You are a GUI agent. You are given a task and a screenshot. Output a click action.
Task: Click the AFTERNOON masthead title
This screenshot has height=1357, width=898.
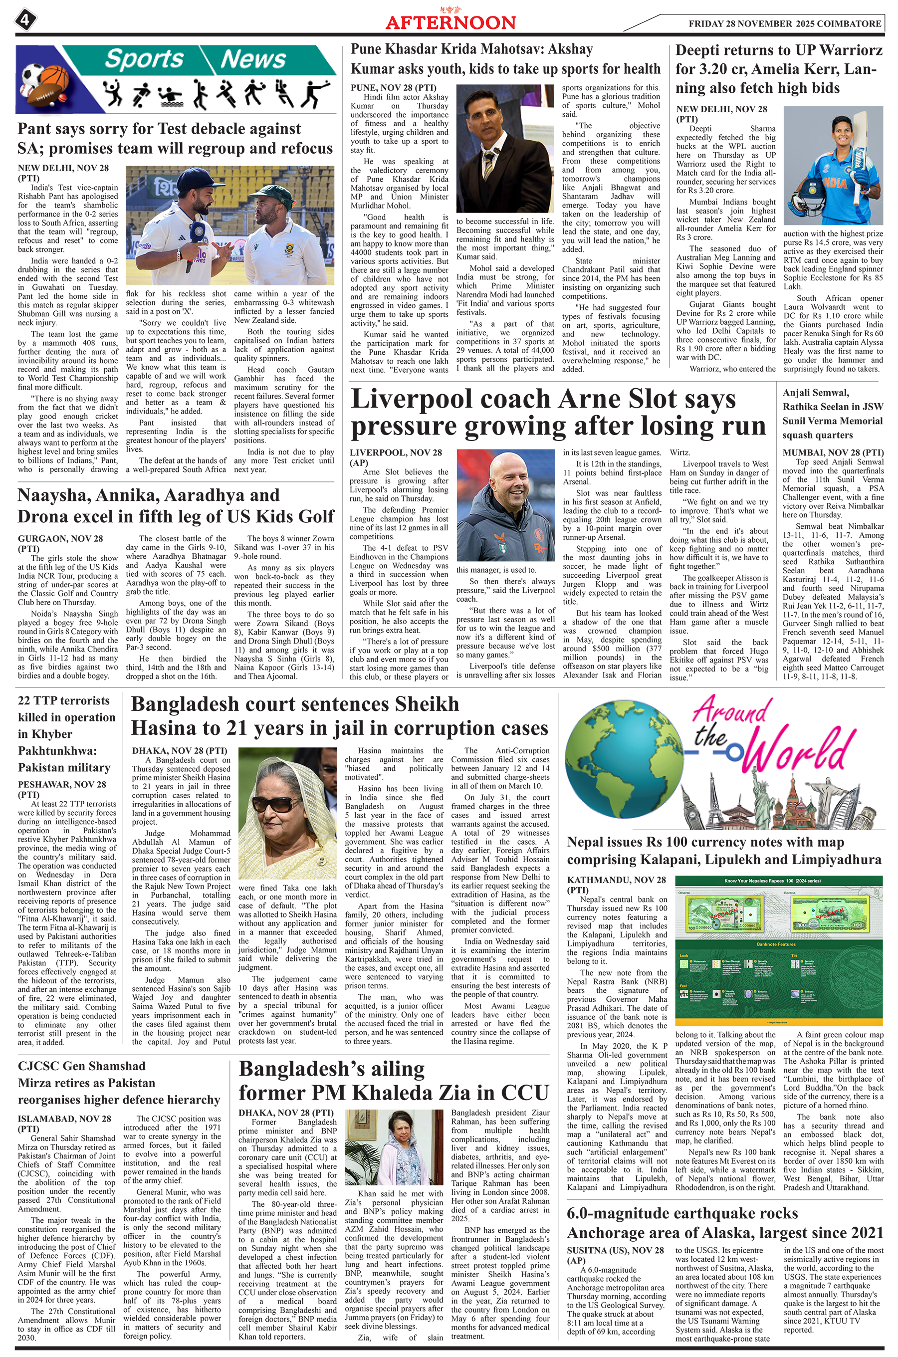[x=450, y=22]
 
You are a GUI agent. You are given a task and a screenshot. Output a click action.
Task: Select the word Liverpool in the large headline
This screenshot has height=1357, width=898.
[x=420, y=399]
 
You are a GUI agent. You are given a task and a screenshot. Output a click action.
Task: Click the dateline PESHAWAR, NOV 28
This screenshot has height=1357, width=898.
[x=62, y=784]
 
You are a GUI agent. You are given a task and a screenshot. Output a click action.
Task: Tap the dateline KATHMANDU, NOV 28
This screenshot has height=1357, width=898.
[x=616, y=880]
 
